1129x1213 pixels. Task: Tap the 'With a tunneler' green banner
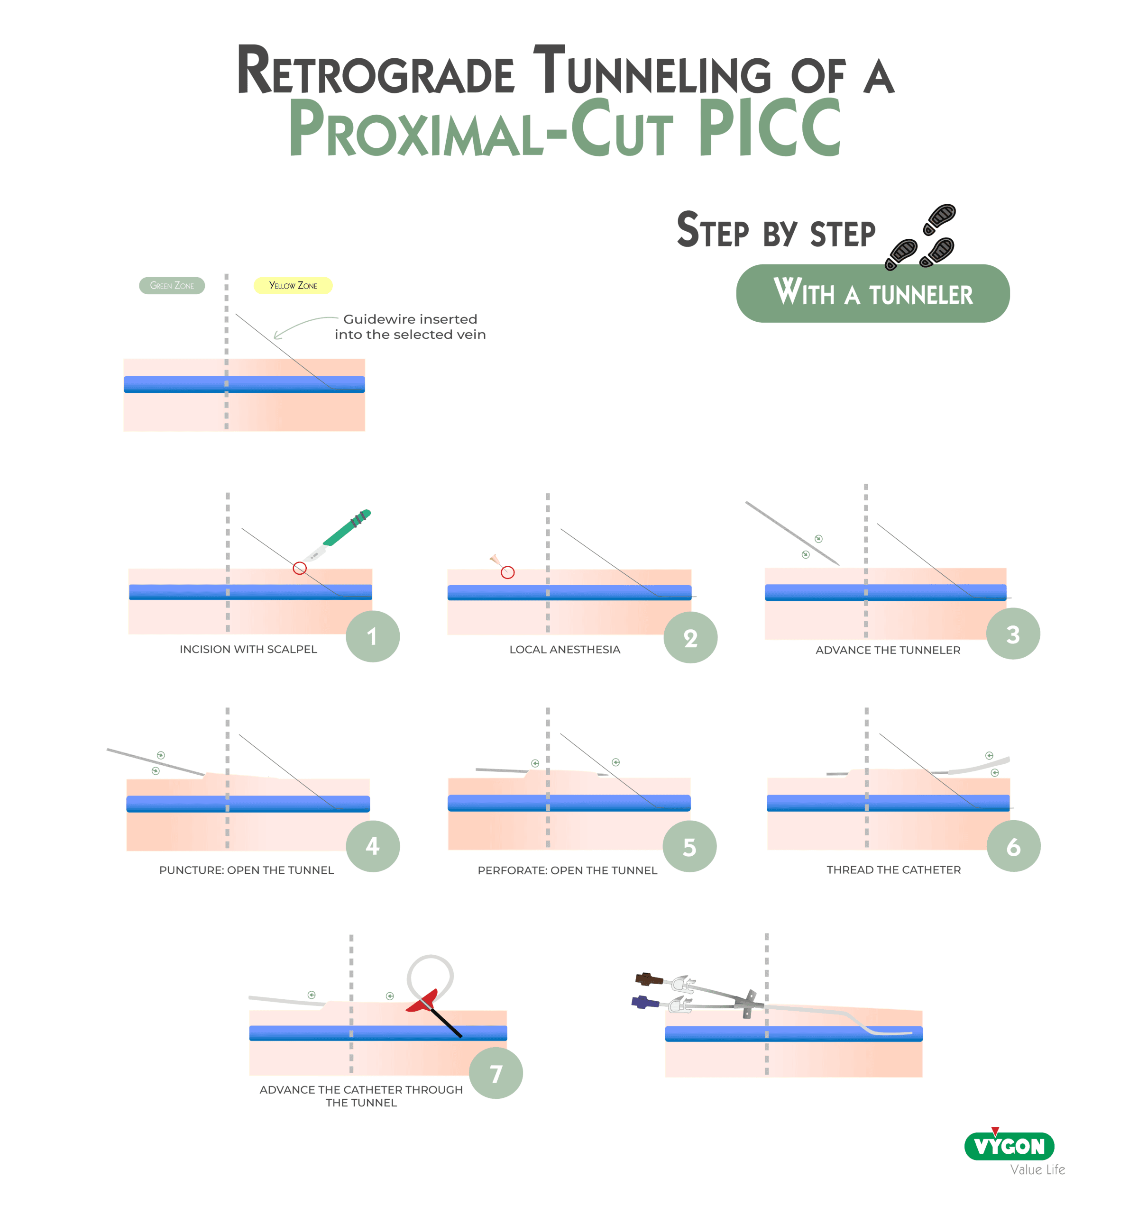(x=872, y=293)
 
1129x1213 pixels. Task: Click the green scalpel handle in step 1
(x=346, y=528)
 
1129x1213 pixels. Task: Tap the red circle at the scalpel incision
(x=299, y=568)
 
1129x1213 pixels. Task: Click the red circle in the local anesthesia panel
(x=507, y=572)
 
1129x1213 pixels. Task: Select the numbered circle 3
(x=1012, y=634)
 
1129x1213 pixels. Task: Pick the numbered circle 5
(x=689, y=847)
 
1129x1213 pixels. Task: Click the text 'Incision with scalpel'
(x=248, y=649)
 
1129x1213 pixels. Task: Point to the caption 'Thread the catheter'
(x=893, y=869)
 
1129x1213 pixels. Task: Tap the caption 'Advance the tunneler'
(x=887, y=650)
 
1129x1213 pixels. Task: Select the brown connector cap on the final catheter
(x=649, y=979)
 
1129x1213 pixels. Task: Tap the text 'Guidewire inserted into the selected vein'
(x=410, y=326)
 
